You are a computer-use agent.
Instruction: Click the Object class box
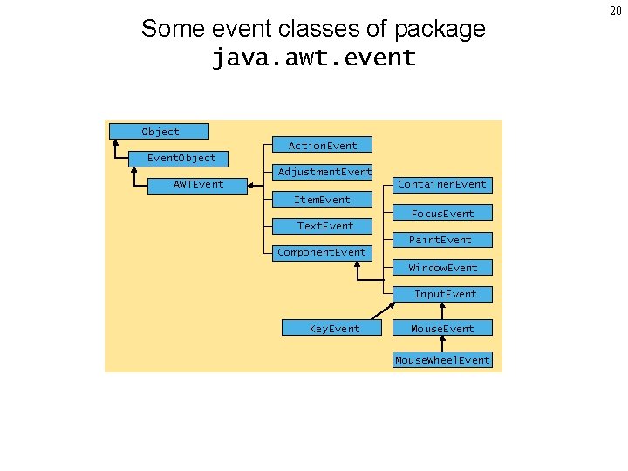tap(160, 132)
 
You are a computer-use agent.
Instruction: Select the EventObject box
tap(181, 158)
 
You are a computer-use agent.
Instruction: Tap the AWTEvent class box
tap(198, 184)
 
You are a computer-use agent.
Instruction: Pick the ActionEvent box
tap(322, 145)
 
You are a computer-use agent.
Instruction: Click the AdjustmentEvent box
tap(324, 171)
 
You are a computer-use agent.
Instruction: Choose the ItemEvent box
tap(322, 200)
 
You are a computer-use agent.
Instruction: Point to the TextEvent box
tap(324, 226)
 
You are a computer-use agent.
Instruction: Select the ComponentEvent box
tap(321, 253)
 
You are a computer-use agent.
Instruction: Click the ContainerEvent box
tap(442, 184)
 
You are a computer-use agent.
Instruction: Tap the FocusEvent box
tap(442, 213)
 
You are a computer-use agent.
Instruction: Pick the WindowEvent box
tap(442, 267)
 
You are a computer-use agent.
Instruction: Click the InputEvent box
tap(444, 294)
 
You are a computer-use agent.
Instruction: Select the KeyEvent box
tap(334, 328)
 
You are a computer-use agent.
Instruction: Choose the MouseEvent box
tap(442, 328)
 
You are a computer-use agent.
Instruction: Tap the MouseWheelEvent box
tap(442, 360)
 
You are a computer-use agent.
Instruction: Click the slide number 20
tap(615, 10)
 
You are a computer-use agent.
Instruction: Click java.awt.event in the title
tap(314, 58)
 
